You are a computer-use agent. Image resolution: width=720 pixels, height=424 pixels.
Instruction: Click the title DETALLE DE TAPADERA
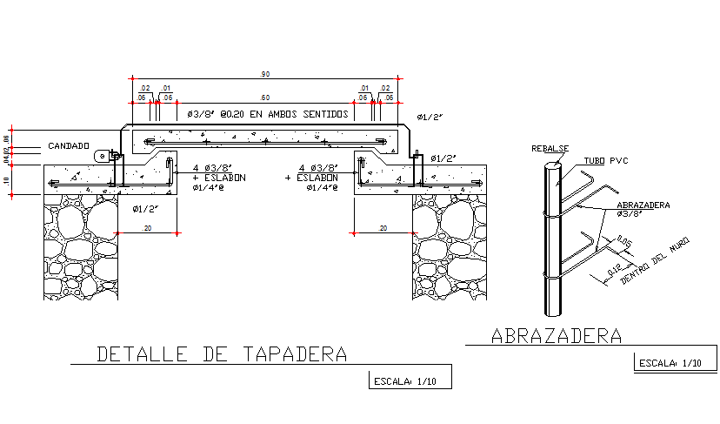click(222, 354)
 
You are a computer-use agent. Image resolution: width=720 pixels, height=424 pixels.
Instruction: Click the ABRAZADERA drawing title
click(557, 335)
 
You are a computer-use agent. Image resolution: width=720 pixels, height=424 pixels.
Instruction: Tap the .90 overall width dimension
click(264, 73)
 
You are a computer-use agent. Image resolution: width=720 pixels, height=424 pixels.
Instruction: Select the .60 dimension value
click(264, 98)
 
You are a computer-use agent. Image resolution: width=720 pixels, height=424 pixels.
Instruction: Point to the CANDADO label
click(68, 145)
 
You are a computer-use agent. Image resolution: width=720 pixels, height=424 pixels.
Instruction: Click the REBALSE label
click(549, 149)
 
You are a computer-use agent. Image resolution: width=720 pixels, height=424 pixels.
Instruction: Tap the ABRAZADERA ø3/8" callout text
click(643, 208)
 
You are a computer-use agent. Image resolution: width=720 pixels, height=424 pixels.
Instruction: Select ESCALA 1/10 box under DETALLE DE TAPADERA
click(406, 381)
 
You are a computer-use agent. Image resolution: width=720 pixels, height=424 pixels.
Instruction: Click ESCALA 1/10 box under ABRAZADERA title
click(670, 363)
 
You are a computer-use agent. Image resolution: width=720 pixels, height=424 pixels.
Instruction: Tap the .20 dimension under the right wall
click(383, 228)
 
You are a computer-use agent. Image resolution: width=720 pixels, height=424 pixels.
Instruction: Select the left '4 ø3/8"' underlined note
click(211, 167)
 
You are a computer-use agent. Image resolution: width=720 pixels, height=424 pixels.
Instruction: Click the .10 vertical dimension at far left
click(7, 180)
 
